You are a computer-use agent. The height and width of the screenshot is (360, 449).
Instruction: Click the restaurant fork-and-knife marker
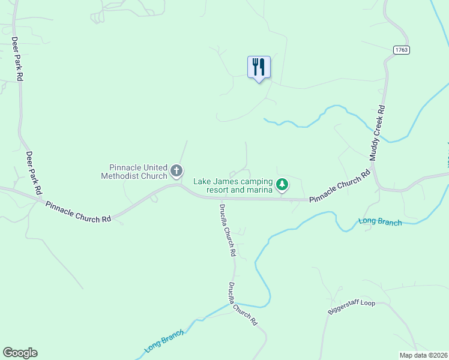pyautogui.click(x=259, y=67)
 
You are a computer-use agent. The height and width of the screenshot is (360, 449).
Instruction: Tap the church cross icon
pyautogui.click(x=177, y=172)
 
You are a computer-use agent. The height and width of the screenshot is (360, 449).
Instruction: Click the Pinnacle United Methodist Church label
pyautogui.click(x=137, y=172)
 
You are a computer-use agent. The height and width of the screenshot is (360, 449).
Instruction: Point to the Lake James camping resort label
pyautogui.click(x=233, y=185)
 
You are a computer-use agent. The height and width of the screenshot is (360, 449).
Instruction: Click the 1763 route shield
pyautogui.click(x=402, y=50)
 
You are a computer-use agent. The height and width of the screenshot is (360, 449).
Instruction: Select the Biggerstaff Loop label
pyautogui.click(x=351, y=307)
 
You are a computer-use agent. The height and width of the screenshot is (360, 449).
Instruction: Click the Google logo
pyautogui.click(x=20, y=353)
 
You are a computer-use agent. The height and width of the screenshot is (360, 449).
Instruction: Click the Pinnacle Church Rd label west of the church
pyautogui.click(x=78, y=211)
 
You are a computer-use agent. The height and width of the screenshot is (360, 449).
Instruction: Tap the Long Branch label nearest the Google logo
pyautogui.click(x=163, y=343)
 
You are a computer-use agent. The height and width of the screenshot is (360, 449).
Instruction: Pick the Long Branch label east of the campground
pyautogui.click(x=379, y=221)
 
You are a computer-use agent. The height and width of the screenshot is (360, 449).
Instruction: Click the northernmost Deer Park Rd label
pyautogui.click(x=17, y=59)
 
